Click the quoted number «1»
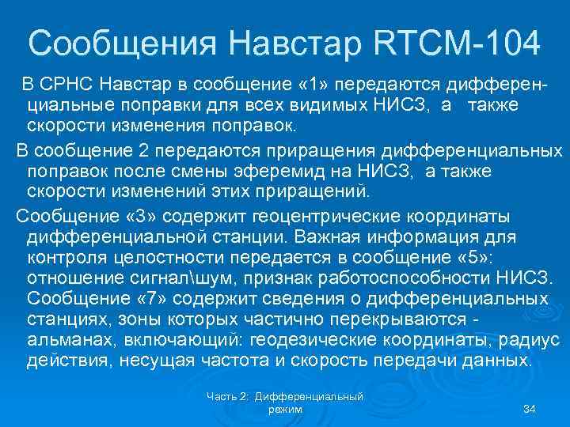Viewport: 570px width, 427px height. coord(316,83)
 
